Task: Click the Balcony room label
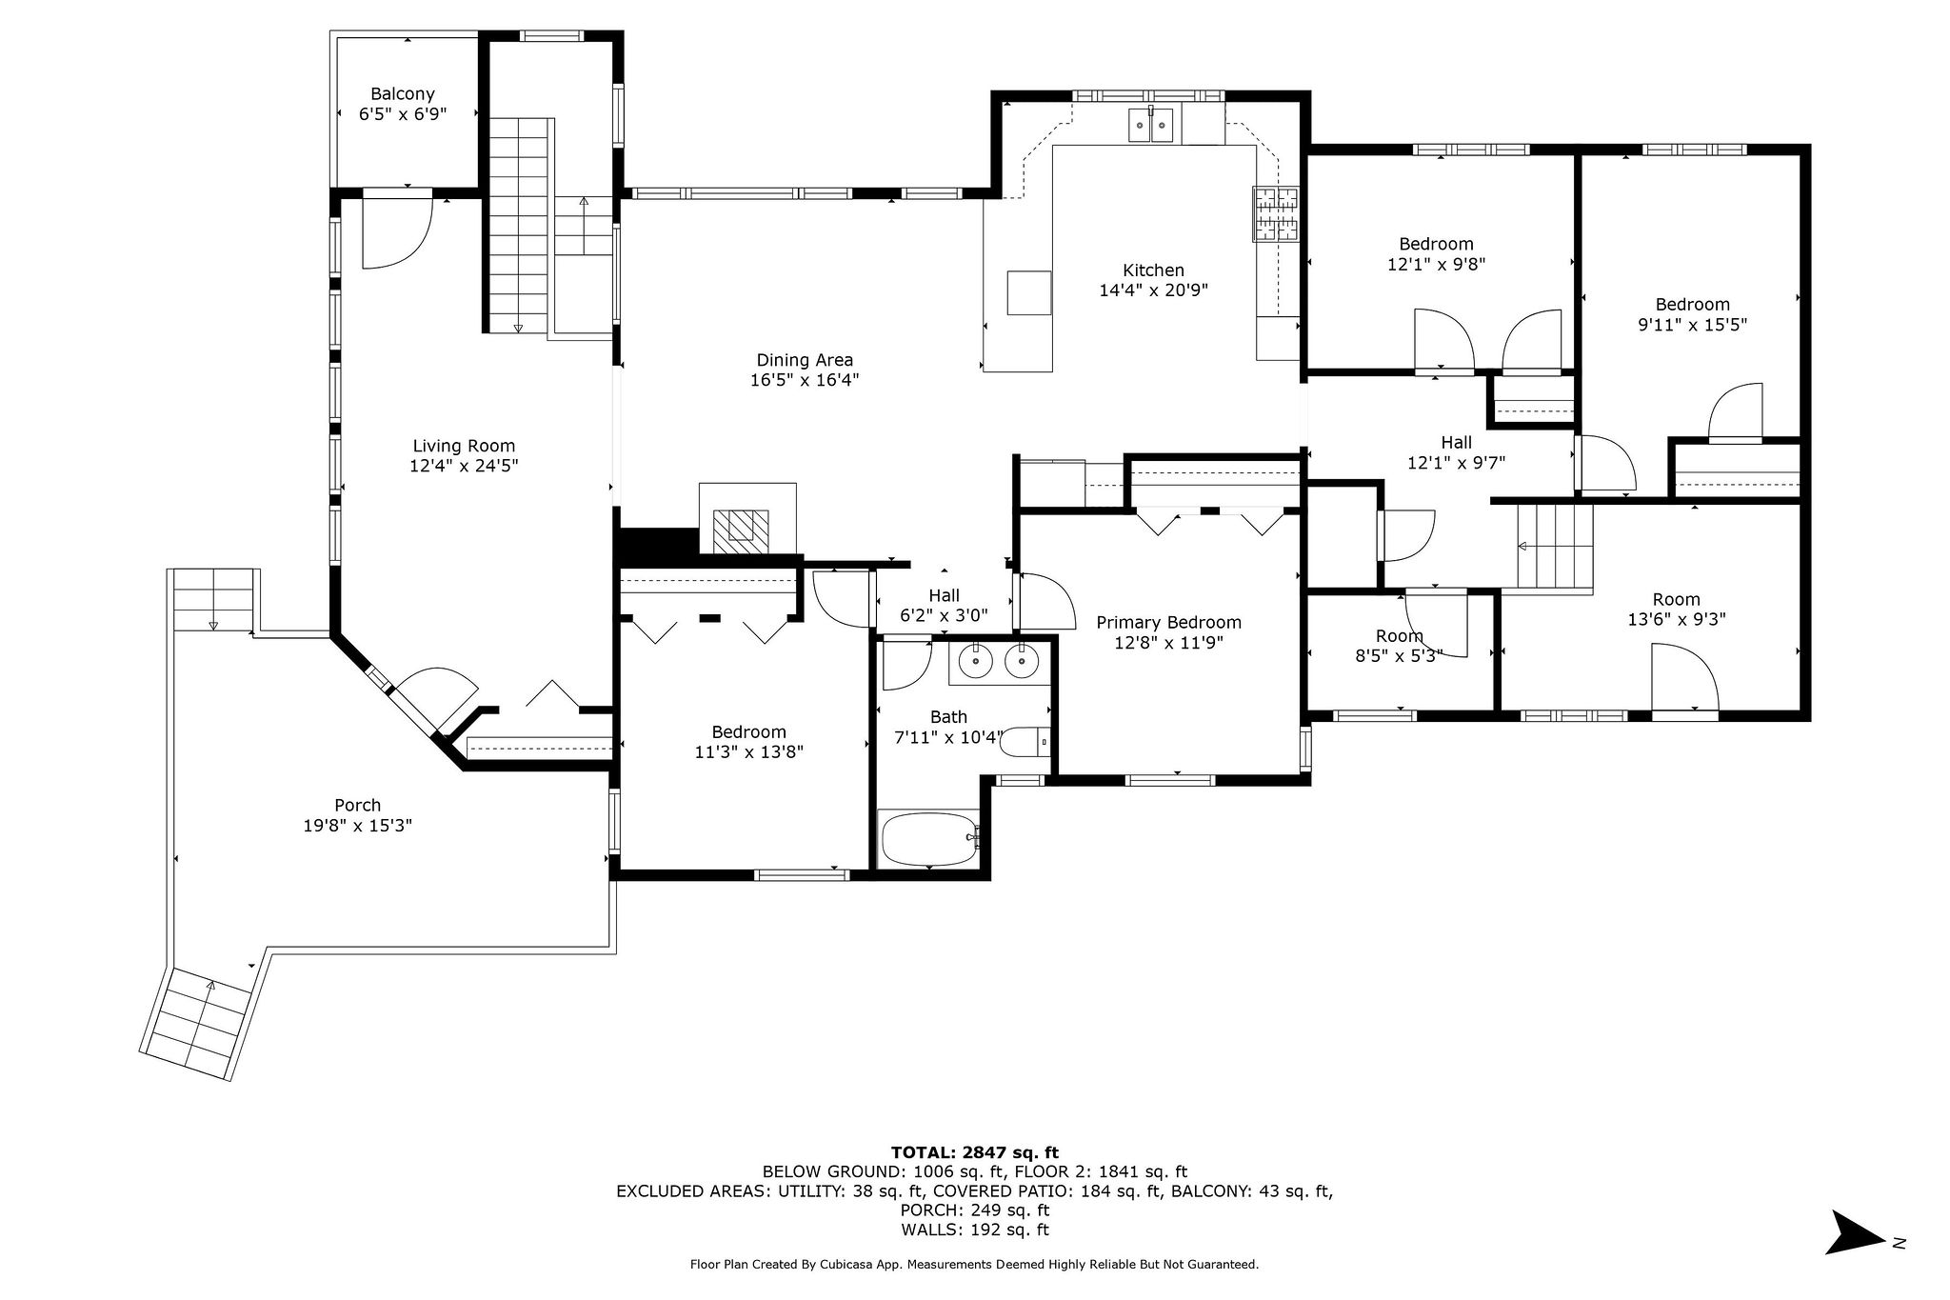(403, 94)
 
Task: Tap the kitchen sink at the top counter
(1151, 126)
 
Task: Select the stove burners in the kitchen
(1276, 214)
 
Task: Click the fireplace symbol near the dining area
(742, 527)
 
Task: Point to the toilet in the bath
(1026, 742)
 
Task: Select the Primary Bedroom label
(1168, 623)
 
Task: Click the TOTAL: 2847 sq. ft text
(974, 1151)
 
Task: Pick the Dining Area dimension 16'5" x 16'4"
(805, 380)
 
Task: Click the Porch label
(358, 806)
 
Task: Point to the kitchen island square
(1029, 292)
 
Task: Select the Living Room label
(464, 446)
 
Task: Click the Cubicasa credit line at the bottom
(974, 1265)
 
